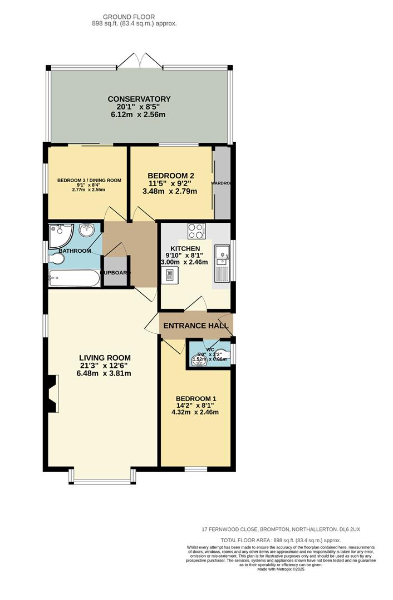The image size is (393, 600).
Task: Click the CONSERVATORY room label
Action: point(139,99)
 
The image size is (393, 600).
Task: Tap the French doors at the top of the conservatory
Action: point(139,60)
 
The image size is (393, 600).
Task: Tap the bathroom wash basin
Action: point(86,230)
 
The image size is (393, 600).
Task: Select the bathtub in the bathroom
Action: point(74,278)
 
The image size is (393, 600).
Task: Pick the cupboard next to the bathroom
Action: point(116,272)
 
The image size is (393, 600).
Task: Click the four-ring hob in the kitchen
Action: point(196,231)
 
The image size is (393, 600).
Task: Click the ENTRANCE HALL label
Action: point(196,326)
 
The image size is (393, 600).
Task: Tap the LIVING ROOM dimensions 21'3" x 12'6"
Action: point(105,366)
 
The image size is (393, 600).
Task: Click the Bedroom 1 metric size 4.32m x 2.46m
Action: point(196,412)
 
